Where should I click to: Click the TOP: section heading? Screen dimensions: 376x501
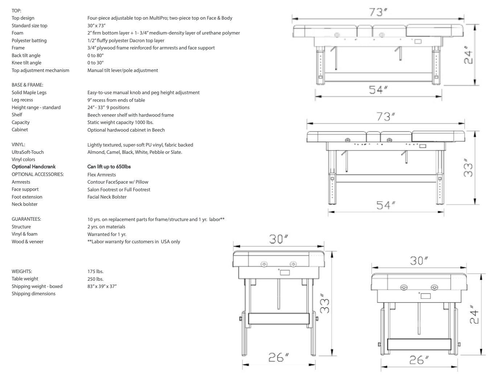pyautogui.click(x=16, y=11)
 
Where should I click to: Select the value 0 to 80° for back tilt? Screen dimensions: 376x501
pyautogui.click(x=95, y=55)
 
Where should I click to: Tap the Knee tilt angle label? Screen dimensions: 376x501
pyautogui.click(x=27, y=63)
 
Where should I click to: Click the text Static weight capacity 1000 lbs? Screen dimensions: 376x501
pyautogui.click(x=120, y=122)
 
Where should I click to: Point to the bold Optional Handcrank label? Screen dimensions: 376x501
pyautogui.click(x=33, y=167)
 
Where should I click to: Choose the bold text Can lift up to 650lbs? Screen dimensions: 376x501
pyautogui.click(x=109, y=167)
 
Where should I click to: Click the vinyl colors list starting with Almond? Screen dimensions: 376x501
pyautogui.click(x=134, y=152)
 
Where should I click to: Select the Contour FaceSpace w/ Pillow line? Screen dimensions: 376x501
pyautogui.click(x=118, y=182)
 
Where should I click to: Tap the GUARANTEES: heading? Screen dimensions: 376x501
pyautogui.click(x=26, y=219)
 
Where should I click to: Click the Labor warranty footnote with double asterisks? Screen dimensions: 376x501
pyautogui.click(x=134, y=241)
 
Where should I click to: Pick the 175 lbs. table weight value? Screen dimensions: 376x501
pyautogui.click(x=95, y=271)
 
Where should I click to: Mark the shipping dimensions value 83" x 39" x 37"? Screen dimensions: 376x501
pyautogui.click(x=102, y=286)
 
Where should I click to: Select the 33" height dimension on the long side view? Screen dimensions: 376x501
pyautogui.click(x=468, y=168)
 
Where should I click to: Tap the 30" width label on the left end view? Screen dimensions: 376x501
pyautogui.click(x=278, y=239)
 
